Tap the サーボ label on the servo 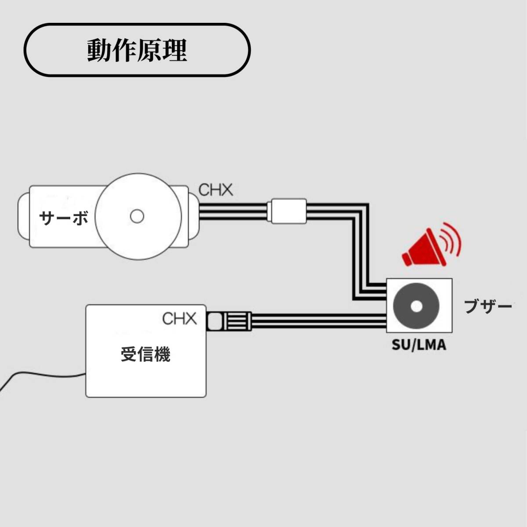pos(64,218)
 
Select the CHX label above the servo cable pos(215,190)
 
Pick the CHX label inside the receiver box pos(179,318)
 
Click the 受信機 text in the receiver pos(145,354)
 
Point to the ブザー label pos(488,306)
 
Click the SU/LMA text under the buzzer pos(419,345)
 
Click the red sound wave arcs pos(452,241)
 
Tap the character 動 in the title pos(99,51)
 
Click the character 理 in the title pos(174,51)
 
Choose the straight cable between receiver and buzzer pos(316,320)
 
